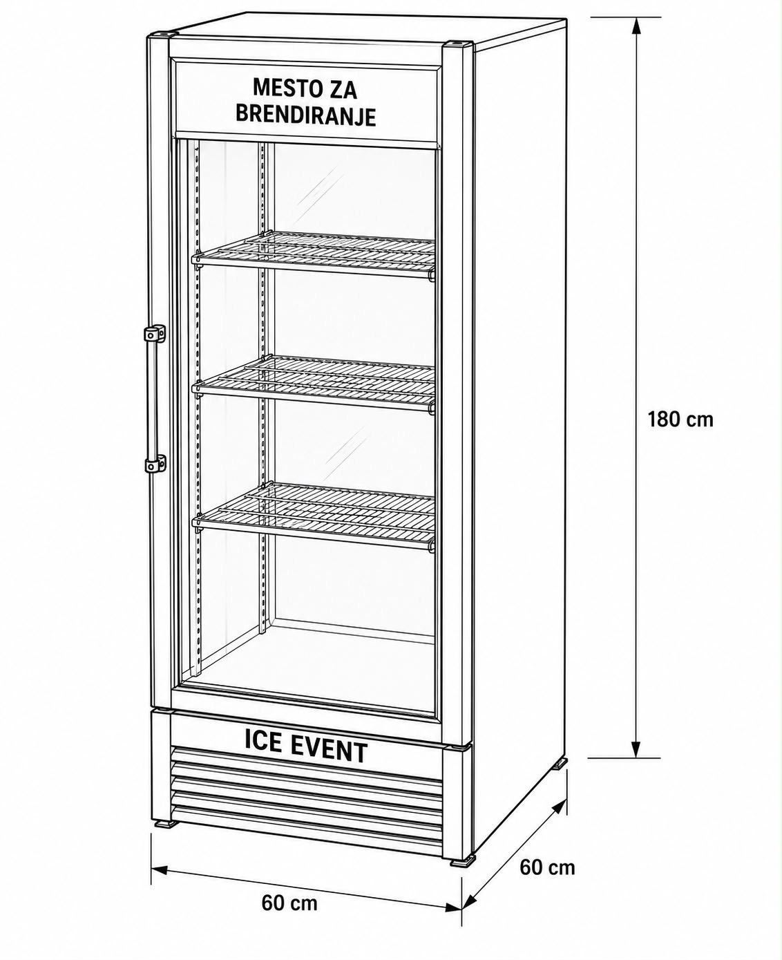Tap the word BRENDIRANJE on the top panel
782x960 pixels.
(x=306, y=116)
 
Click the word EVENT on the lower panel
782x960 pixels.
(x=328, y=752)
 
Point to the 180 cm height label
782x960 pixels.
(x=680, y=420)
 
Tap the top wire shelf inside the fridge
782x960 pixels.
(x=314, y=254)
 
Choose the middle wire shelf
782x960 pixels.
(x=314, y=382)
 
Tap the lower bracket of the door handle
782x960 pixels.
(x=155, y=464)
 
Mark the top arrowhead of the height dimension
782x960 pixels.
(x=636, y=26)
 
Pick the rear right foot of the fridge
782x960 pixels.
(x=560, y=762)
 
